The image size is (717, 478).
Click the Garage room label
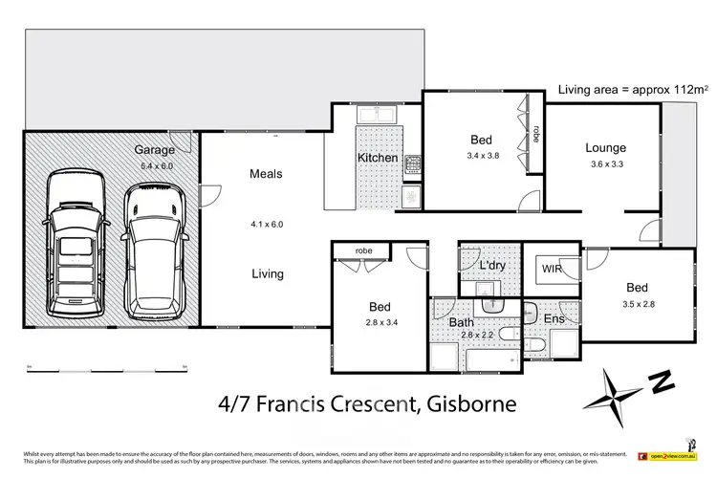point(154,150)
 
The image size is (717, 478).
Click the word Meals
point(267,174)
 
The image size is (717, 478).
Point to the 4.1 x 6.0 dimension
point(267,225)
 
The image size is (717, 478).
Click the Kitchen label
point(377,158)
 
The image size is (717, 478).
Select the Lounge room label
point(605,148)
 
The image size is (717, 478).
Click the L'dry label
point(492,264)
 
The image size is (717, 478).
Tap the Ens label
point(554,318)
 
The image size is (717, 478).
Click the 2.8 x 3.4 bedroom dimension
point(380,323)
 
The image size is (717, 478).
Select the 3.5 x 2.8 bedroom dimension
point(637,304)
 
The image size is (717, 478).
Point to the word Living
point(267,274)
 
